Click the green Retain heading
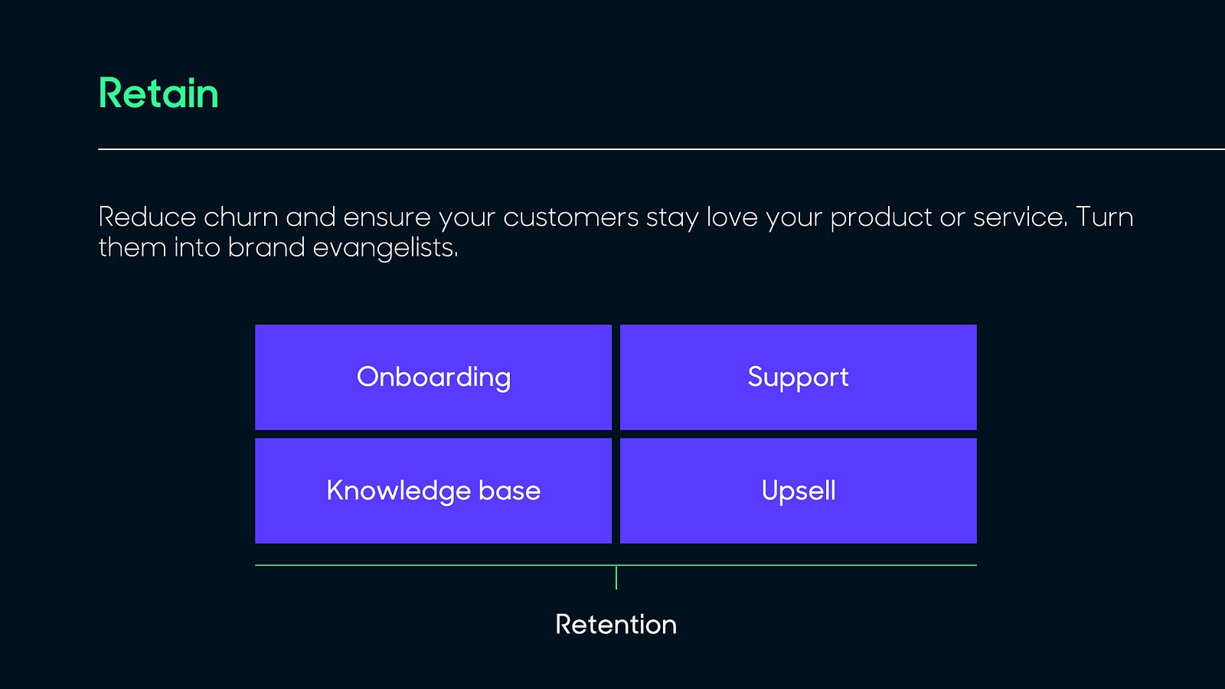pos(158,94)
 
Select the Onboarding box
pos(433,377)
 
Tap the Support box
pos(798,377)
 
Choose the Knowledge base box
pos(433,491)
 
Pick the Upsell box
pos(798,491)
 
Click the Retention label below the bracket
pos(616,625)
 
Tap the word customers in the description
pos(570,217)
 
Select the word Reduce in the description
pos(147,217)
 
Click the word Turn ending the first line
pos(1104,217)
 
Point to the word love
pos(732,217)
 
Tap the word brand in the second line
pos(266,248)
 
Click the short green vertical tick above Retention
pos(616,577)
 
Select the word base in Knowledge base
pos(509,491)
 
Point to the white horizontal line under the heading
pos(658,149)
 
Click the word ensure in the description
pos(387,217)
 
